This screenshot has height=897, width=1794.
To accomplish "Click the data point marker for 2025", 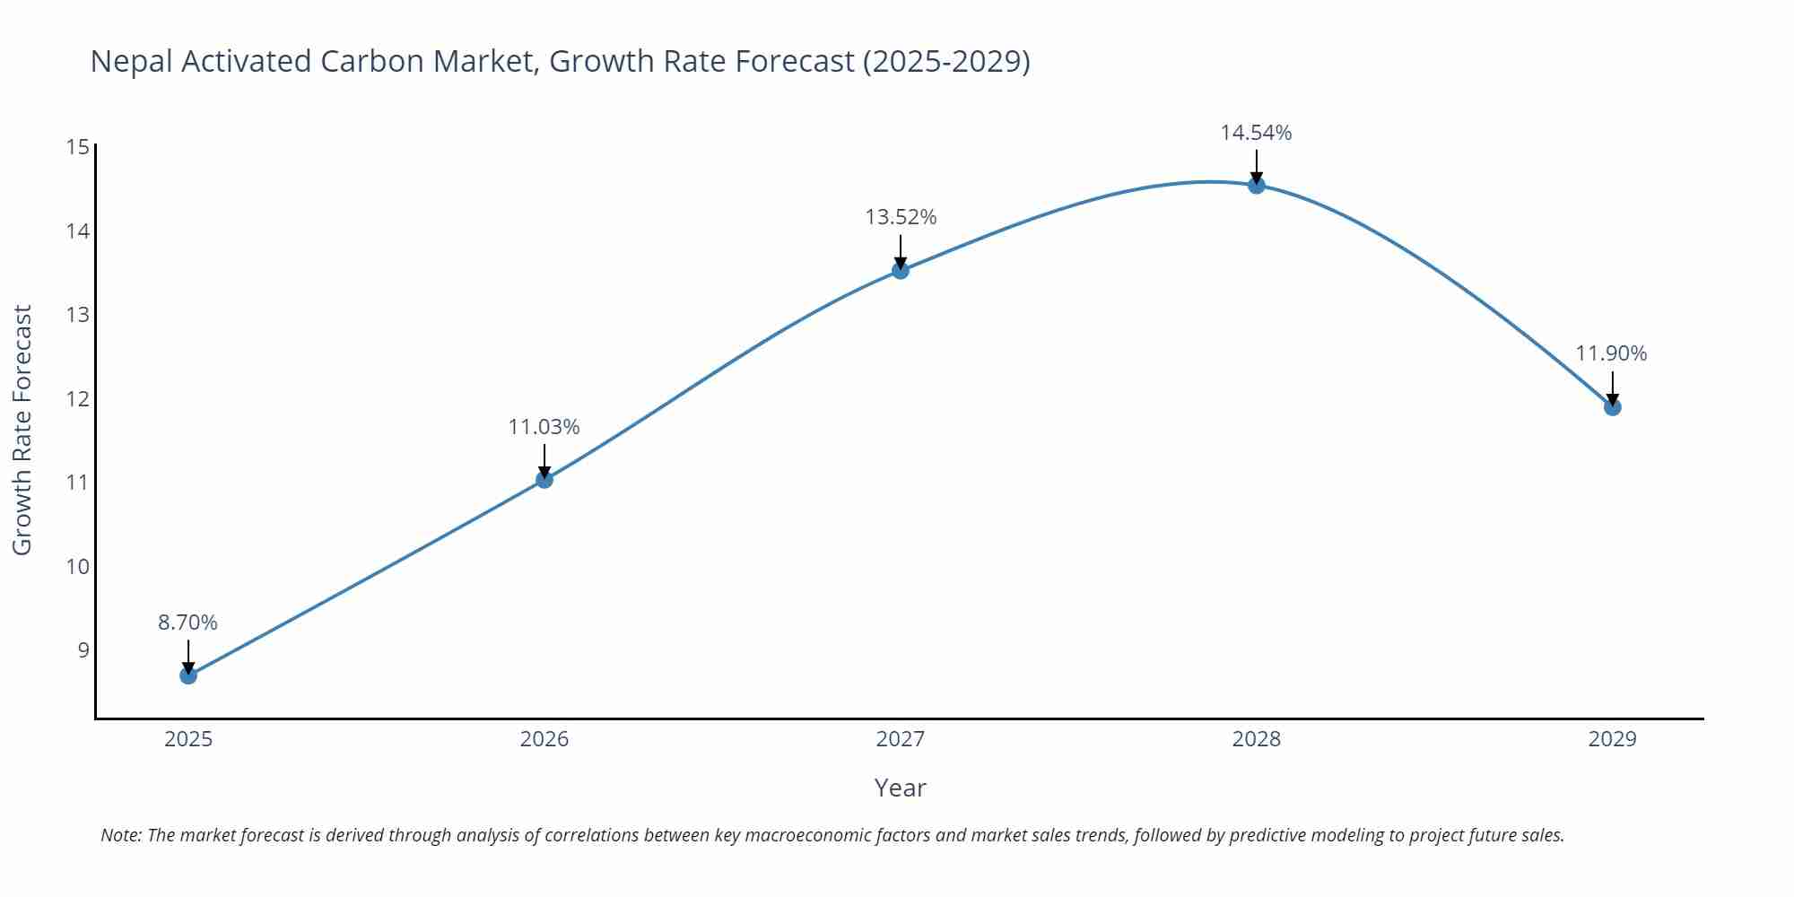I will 188,675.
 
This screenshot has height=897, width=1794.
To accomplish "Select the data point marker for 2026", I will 544,480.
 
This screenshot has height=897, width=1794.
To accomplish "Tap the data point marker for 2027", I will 901,270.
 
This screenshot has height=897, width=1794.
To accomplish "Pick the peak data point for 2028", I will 1257,185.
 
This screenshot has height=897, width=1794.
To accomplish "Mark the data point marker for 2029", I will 1612,407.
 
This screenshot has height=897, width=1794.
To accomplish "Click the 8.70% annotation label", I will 188,623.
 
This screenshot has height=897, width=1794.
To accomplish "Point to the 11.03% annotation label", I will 544,427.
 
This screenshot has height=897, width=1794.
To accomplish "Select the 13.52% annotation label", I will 901,217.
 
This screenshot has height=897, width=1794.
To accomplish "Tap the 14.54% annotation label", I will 1256,133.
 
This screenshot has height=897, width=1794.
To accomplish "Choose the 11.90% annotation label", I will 1611,353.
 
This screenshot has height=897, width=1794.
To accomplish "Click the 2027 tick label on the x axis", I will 901,739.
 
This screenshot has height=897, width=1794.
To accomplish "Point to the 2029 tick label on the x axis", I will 1612,739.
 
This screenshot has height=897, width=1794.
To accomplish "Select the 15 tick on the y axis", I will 78,147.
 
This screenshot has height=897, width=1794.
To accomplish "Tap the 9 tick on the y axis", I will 83,650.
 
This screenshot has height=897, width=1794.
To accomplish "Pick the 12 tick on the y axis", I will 78,399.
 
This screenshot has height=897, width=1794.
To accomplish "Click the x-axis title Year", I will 900,788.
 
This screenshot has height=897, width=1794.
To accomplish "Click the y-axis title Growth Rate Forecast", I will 22,430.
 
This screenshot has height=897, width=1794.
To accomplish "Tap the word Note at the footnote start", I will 120,835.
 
